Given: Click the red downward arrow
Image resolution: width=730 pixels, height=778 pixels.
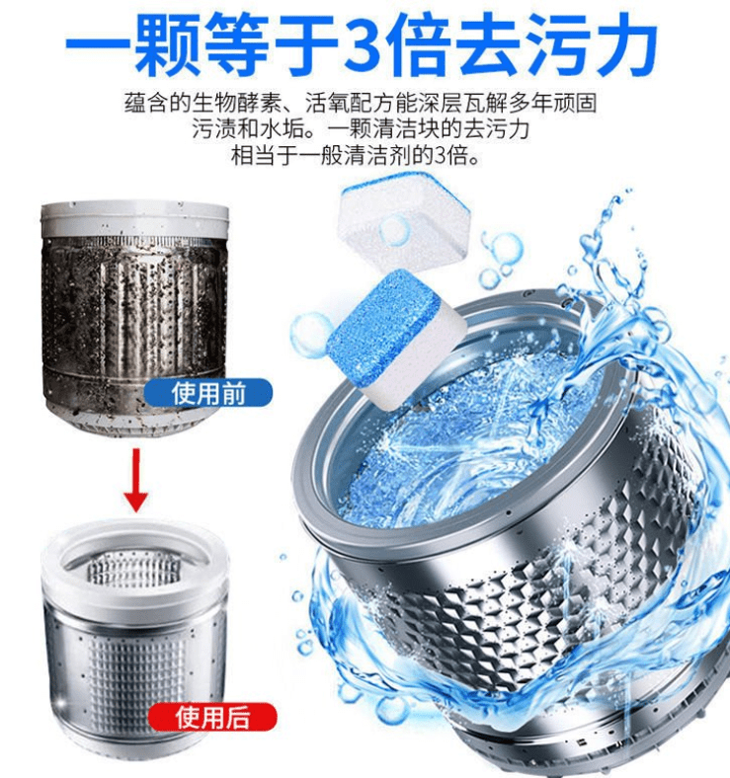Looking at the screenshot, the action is pos(136,479).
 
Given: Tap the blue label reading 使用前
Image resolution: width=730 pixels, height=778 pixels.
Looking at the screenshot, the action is pos(208,394).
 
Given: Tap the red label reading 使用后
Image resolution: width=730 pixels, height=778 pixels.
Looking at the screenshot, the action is pos(212,718).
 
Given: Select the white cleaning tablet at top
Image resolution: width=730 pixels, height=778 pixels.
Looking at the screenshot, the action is pos(403,222).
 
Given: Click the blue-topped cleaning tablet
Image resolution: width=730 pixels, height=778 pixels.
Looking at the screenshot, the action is pos(396,338).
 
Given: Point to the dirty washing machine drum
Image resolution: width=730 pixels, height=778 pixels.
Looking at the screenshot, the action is pos(135,318).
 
